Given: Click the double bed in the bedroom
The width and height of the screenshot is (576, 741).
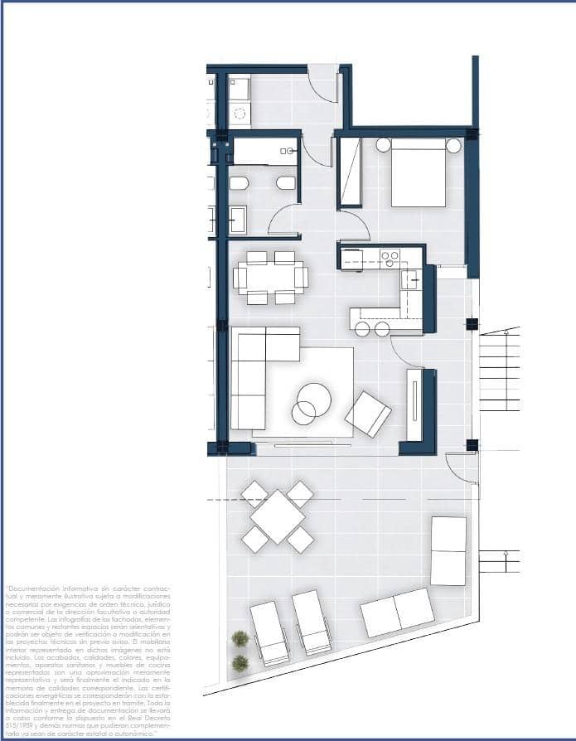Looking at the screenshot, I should click(419, 172).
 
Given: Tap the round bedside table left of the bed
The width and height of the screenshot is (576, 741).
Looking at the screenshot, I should click(384, 145).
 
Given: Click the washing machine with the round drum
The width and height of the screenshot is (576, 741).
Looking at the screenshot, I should click(240, 114).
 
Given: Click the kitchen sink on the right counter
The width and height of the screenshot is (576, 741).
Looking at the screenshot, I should click(410, 280).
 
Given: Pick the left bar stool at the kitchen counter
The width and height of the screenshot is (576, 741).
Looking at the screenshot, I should click(363, 329).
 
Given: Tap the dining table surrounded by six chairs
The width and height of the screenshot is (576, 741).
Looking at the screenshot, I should click(270, 277).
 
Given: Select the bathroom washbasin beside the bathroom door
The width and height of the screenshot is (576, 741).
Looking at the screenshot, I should click(237, 220).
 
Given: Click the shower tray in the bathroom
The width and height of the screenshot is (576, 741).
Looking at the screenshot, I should click(265, 151).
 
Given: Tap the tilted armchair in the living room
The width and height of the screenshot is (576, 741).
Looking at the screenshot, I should click(368, 414).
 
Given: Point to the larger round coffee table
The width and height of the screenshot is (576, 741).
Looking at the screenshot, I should click(314, 400).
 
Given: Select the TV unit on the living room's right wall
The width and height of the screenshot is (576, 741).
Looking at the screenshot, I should click(414, 405).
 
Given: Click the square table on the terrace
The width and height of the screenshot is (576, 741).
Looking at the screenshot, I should click(278, 517).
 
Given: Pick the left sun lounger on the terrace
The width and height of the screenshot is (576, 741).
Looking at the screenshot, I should click(269, 632).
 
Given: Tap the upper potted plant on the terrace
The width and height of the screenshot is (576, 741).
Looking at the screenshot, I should click(240, 638).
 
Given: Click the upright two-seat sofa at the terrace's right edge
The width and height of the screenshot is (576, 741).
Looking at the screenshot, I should click(448, 551).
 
